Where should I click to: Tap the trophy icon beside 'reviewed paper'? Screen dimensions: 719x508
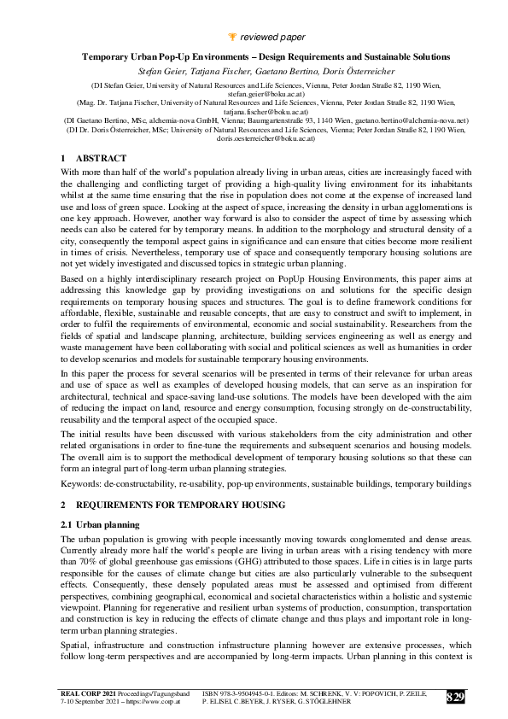(234, 36)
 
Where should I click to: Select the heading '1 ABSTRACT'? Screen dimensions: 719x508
(94, 159)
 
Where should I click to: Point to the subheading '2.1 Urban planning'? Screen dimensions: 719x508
(108, 523)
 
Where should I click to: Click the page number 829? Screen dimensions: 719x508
(456, 697)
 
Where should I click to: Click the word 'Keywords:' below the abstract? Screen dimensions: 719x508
(80, 483)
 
